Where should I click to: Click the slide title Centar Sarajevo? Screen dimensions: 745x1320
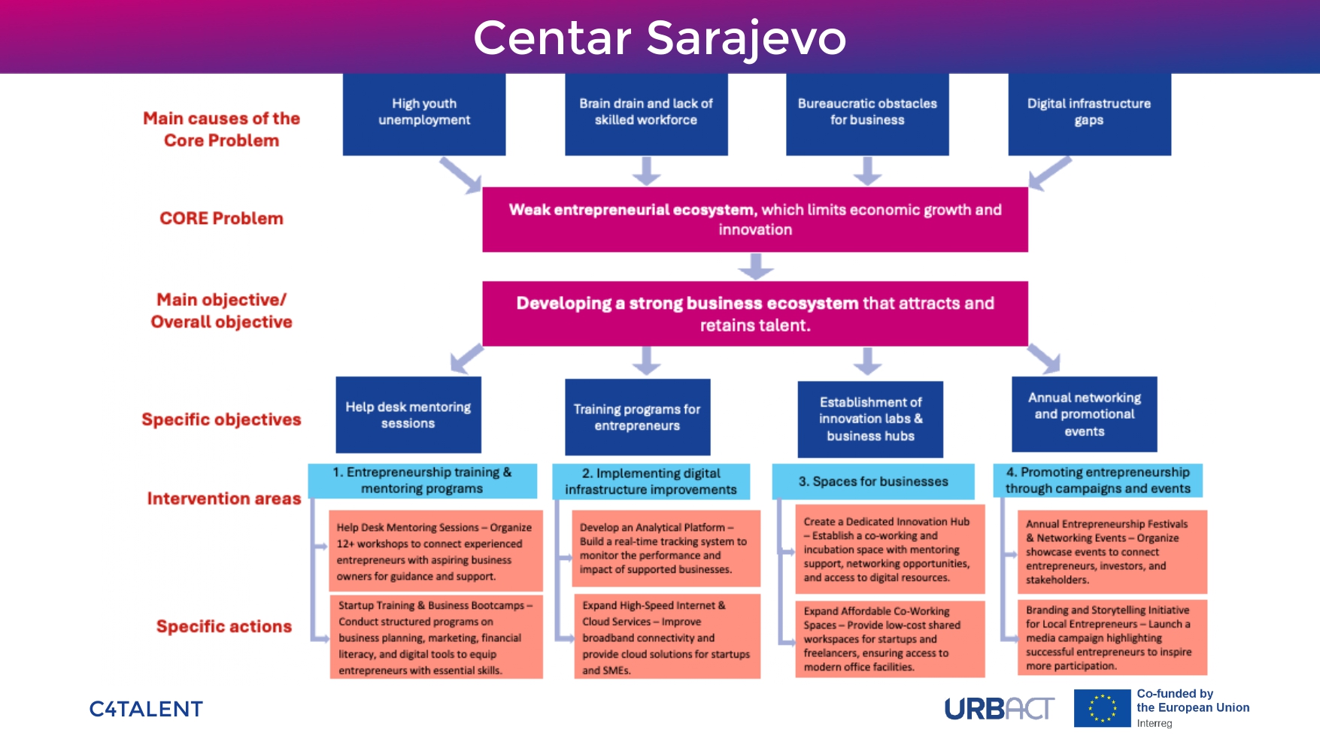pos(660,38)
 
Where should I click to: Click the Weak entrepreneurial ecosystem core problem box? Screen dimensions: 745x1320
pos(755,220)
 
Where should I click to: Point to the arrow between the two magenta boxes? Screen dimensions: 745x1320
pos(756,266)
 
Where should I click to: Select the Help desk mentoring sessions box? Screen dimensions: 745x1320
pos(408,415)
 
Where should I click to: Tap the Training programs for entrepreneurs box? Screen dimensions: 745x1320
pos(637,417)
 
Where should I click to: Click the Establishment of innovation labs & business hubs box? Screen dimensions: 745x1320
pos(870,419)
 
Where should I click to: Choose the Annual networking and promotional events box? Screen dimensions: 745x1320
pos(1084,414)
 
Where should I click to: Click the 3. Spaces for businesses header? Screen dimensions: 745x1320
pos(873,481)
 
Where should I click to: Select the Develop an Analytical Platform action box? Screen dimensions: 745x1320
pos(666,549)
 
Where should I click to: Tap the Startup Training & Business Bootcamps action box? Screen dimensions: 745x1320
pos(436,637)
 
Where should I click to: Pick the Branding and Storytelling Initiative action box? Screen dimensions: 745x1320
pos(1112,637)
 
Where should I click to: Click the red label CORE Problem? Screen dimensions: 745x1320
pos(221,219)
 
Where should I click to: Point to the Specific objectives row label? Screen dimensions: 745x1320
pos(221,419)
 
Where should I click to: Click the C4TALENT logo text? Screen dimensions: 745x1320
pos(146,709)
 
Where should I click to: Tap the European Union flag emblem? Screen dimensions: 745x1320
pos(1102,708)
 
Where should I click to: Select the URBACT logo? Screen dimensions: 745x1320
pos(999,709)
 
